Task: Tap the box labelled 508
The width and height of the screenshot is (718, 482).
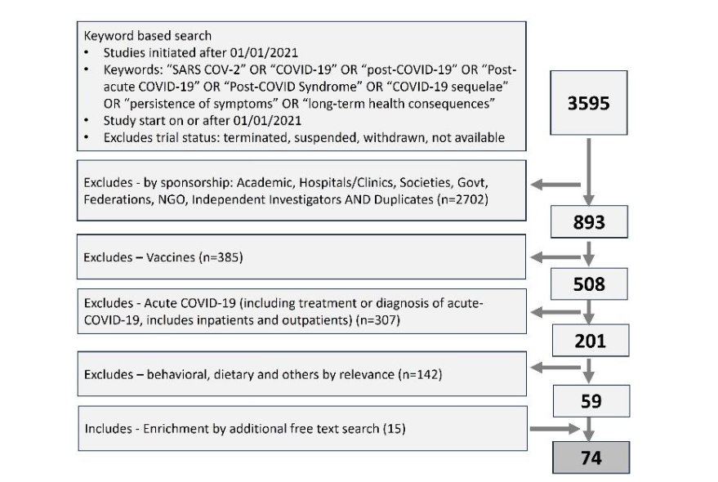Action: [591, 284]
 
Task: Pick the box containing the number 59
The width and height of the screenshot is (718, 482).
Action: [591, 401]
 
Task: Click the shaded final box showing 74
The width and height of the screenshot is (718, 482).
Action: [591, 457]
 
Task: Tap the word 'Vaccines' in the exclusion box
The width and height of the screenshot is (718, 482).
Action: [164, 258]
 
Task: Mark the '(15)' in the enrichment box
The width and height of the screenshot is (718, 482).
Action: [392, 428]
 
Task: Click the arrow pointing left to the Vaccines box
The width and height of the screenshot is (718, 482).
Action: [558, 258]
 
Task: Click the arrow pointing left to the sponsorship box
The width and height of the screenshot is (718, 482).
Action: [558, 183]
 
